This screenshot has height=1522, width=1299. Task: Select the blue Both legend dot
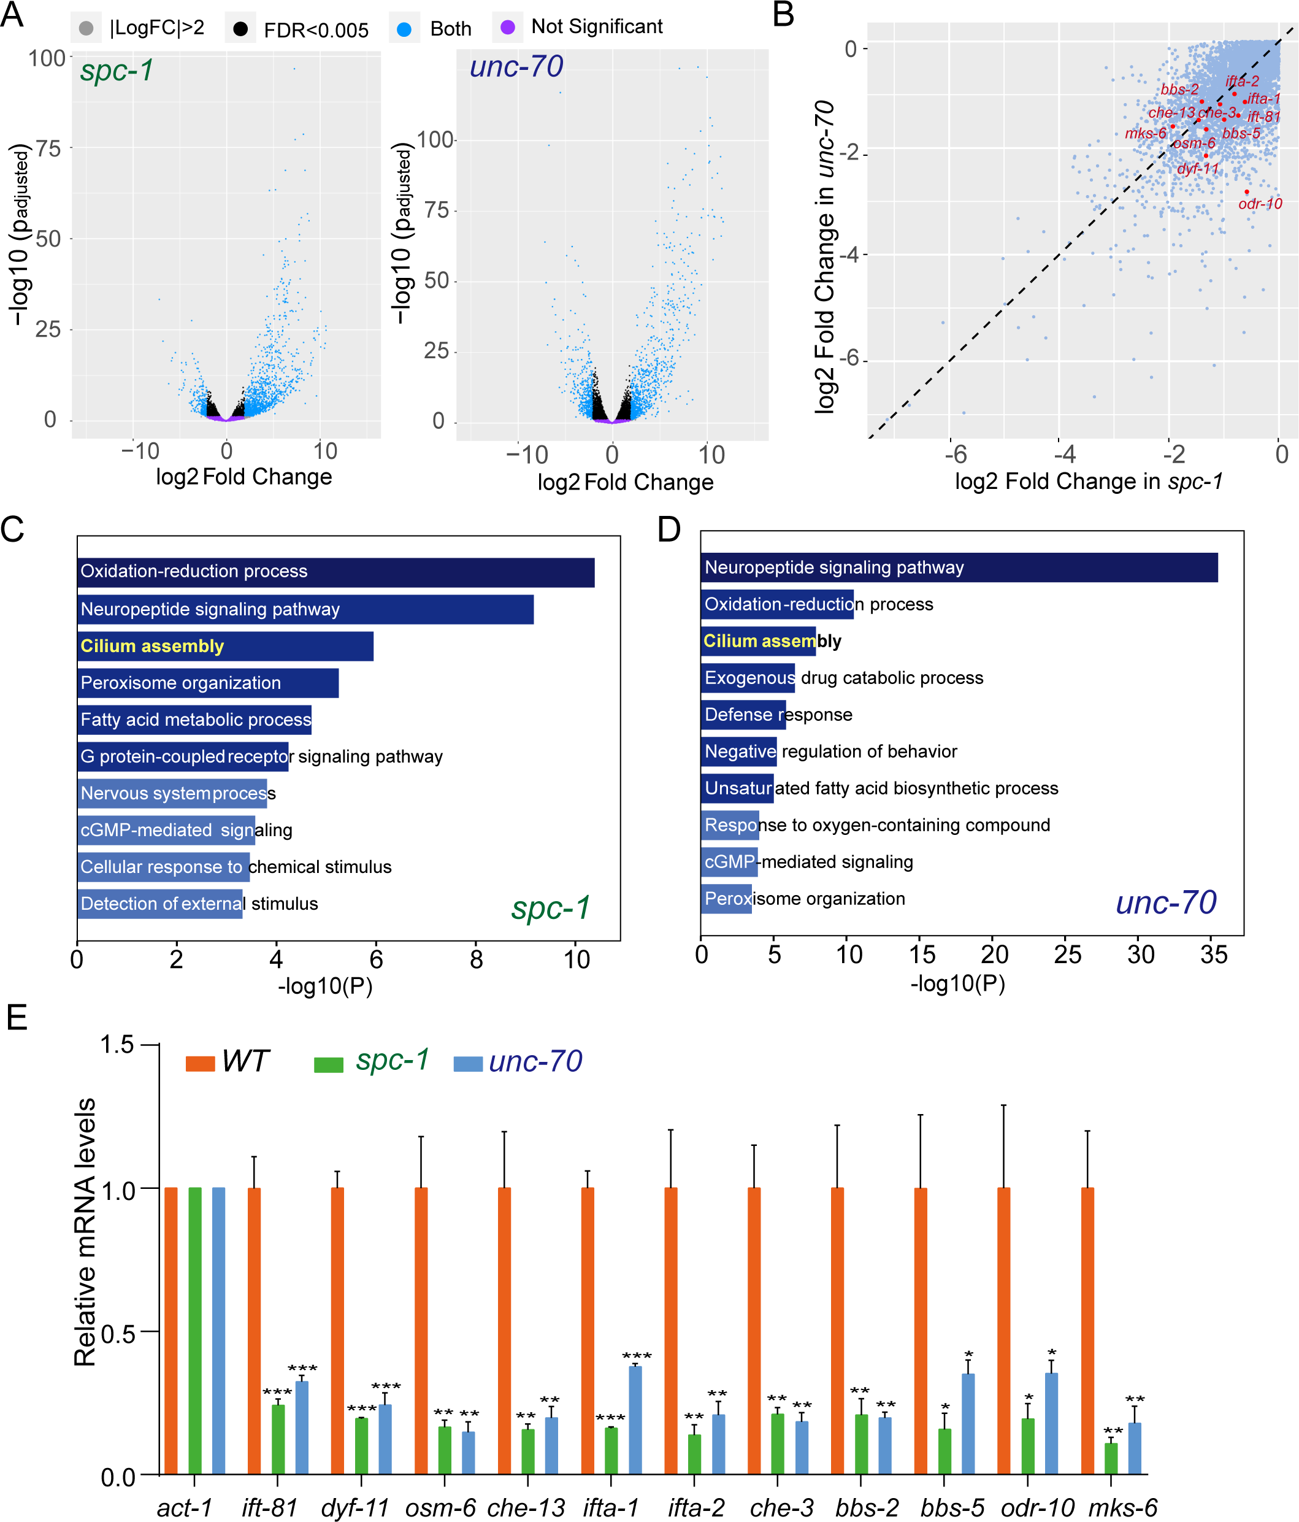[403, 29]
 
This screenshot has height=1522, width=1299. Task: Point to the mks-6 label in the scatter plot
[1145, 134]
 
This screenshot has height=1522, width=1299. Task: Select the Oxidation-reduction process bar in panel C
[335, 572]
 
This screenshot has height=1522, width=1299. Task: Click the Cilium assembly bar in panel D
[758, 641]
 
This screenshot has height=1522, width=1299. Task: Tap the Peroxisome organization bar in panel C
[208, 683]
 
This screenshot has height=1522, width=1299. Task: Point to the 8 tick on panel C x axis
[476, 959]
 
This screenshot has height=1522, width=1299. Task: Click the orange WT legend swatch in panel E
[200, 1064]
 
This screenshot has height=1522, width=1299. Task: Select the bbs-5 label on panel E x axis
[952, 1507]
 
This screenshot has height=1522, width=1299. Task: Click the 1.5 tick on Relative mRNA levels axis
[118, 1045]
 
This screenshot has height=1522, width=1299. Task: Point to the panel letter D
[669, 529]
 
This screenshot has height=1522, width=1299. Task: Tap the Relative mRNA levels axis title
[85, 1232]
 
